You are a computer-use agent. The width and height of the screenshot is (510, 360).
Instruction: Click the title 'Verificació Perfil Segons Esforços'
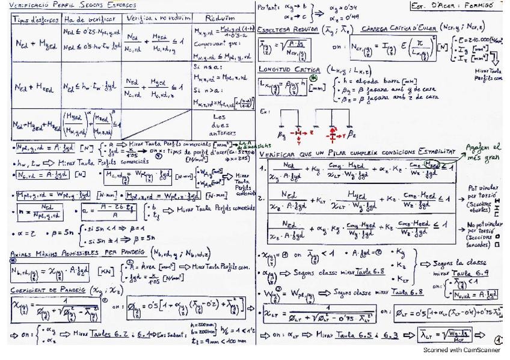point(73,5)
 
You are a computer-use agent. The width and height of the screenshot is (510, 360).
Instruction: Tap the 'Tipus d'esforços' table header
point(35,19)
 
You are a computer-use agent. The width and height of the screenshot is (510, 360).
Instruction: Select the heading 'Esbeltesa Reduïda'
point(286,29)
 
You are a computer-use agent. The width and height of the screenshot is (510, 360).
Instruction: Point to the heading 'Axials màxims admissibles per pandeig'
point(69,253)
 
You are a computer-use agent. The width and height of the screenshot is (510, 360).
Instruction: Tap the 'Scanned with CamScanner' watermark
point(462,349)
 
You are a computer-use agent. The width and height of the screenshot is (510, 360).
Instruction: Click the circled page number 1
point(499,338)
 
